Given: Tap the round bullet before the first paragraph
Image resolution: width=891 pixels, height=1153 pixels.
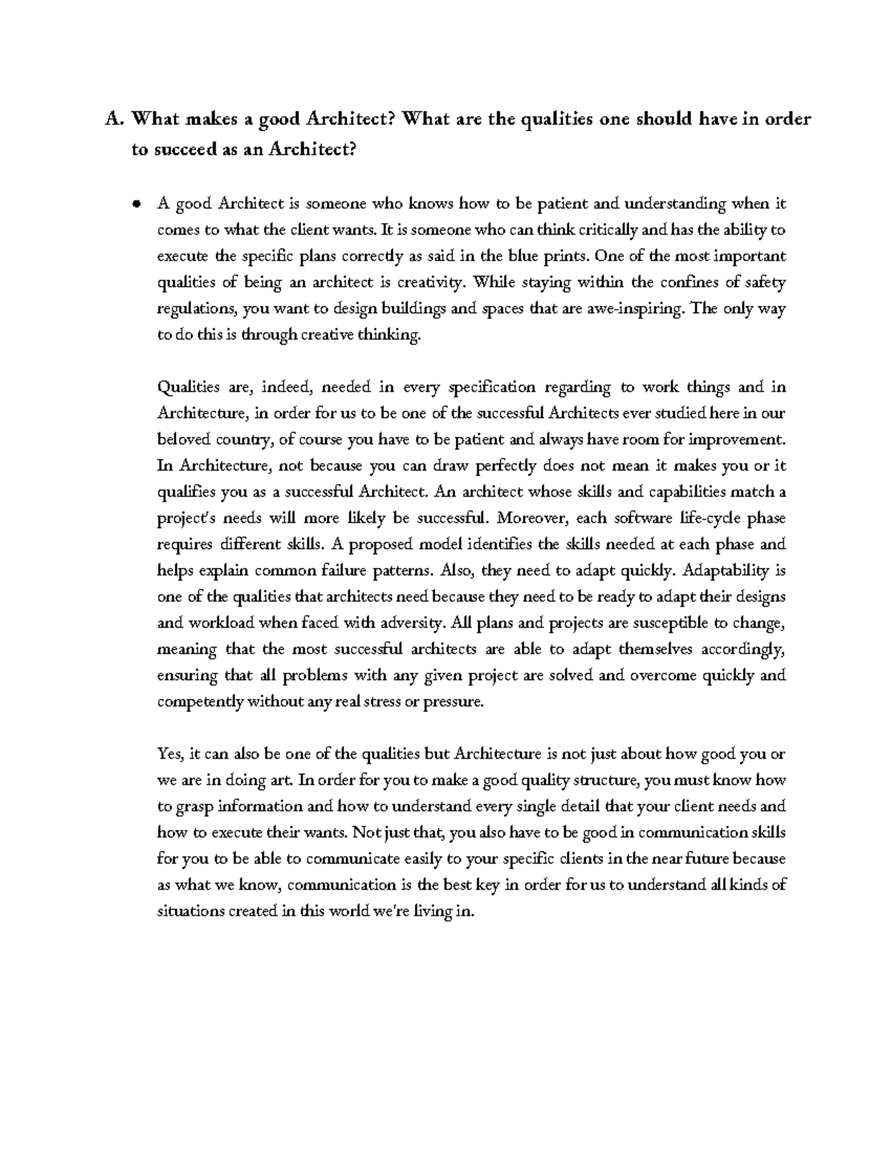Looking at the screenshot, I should pyautogui.click(x=136, y=205).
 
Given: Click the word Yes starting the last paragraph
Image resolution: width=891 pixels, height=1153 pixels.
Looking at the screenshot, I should pyautogui.click(x=170, y=754).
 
